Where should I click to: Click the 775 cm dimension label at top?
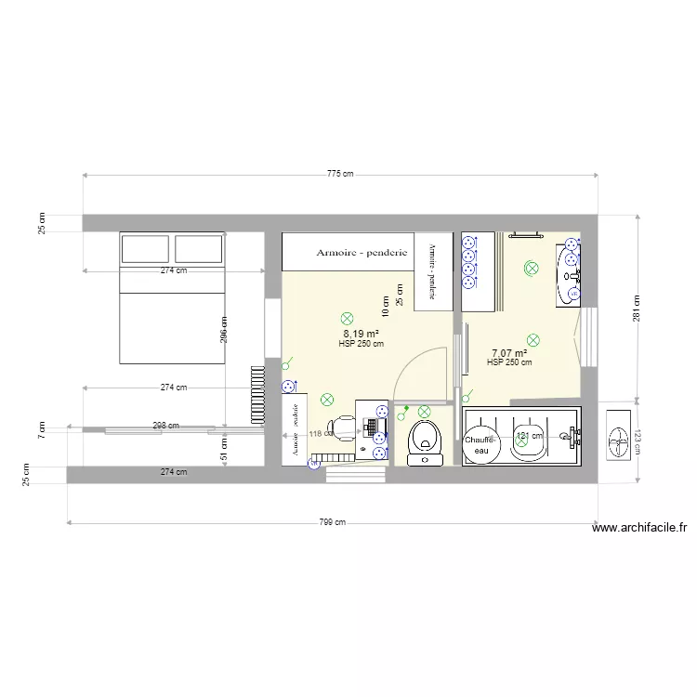pos(340,174)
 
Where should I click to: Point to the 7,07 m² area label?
pos(508,353)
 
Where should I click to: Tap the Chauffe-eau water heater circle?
pos(481,444)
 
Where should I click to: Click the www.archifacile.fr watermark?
pos(638,528)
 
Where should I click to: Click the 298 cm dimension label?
pos(165,426)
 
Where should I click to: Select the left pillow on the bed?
pos(144,249)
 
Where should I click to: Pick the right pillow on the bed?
pos(198,249)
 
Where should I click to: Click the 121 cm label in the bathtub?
pos(529,434)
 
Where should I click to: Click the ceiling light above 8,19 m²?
pos(348,318)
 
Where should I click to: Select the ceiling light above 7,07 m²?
pos(533,340)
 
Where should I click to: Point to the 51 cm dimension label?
pos(224,450)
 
